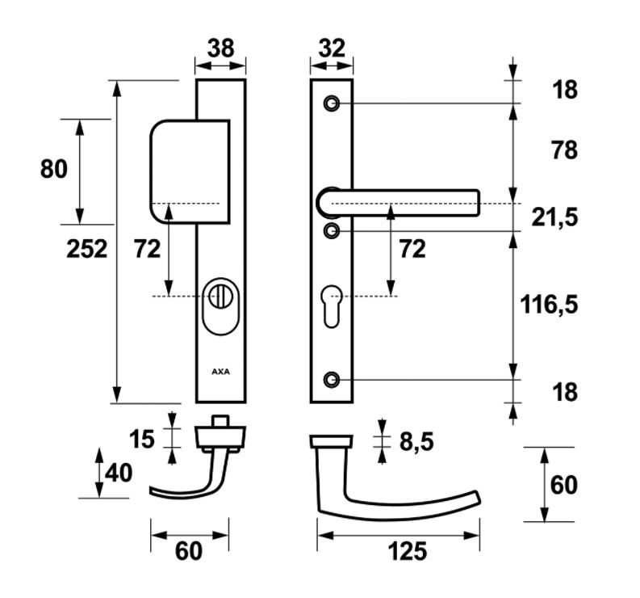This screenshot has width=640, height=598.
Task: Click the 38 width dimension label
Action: pos(220,48)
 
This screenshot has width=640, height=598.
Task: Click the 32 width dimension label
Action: pos(331,48)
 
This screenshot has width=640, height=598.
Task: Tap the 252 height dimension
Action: pos(86,249)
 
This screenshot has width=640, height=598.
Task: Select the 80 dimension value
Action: pos(52,170)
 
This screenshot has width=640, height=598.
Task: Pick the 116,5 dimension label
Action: pos(549,305)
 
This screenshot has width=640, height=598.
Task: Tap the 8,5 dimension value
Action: pos(416,441)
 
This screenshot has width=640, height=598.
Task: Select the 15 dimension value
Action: pos(143,439)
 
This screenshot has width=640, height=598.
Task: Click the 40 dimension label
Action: pos(118,472)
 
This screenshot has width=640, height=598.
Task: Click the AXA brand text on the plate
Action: pos(220,373)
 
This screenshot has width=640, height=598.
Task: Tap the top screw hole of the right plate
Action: pos(331,103)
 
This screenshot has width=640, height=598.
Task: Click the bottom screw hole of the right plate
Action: pos(331,379)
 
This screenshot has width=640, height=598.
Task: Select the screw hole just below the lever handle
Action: pos(331,231)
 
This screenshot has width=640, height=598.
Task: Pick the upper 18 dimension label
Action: pos(566,91)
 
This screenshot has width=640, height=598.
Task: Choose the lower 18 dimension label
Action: pos(566,393)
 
